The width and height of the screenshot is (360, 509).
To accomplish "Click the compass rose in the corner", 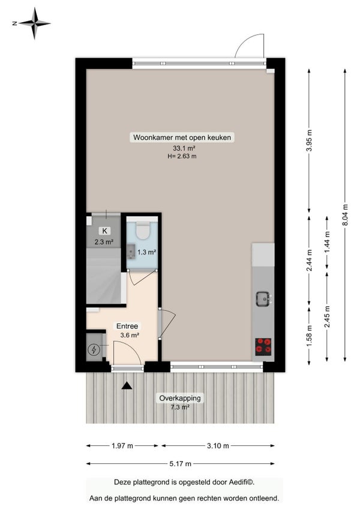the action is point(34,23).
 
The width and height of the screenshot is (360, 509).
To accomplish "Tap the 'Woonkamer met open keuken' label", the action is point(182,137).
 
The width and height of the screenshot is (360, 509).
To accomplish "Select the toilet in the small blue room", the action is point(142,230).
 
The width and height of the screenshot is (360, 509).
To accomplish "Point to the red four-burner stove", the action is point(263,346).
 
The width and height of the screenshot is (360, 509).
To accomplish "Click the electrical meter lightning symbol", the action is point(94,350).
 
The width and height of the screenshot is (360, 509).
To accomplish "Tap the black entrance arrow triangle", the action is point(127,385).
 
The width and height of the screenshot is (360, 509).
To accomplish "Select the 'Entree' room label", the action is point(127,326).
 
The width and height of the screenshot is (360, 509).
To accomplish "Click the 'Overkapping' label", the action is point(180,398).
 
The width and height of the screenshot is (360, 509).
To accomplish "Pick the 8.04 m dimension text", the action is point(345,215).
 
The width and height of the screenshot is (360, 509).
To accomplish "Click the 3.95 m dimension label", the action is point(310,140).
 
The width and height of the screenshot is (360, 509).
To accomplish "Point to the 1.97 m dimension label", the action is point(122,446).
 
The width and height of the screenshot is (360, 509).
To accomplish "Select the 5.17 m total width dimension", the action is point(180,464).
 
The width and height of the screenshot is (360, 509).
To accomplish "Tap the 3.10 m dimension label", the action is point(218,446).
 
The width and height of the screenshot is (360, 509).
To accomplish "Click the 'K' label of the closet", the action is point(104,231).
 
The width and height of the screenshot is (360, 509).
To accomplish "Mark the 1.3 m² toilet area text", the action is point(147,252).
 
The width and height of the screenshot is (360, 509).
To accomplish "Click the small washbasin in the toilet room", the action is point(130,251).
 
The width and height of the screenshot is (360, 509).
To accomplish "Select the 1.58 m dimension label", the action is point(310,336).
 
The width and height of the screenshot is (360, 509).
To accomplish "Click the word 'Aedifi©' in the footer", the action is point(241,482).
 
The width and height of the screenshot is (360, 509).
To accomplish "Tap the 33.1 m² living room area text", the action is point(184,148).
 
